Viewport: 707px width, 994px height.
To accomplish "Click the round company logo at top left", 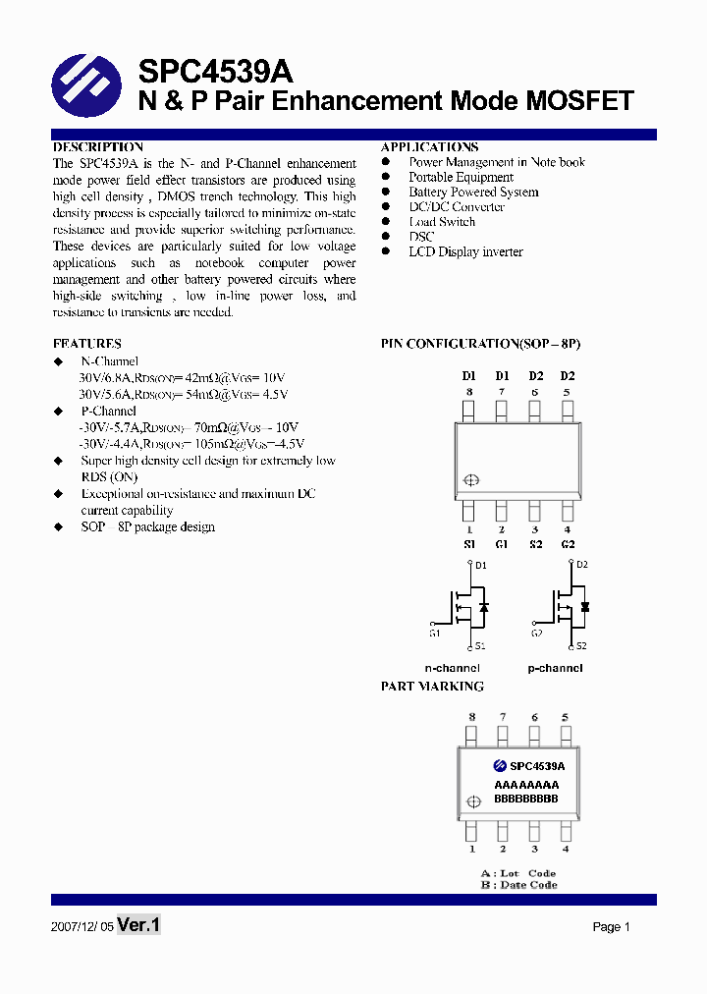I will pyautogui.click(x=86, y=85).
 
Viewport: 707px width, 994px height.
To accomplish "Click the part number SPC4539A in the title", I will pyautogui.click(x=215, y=72).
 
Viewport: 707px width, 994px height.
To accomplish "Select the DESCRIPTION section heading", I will pyautogui.click(x=98, y=147).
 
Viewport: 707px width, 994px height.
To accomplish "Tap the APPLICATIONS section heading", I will pyautogui.click(x=429, y=147).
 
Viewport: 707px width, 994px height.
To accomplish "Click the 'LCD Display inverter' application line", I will pyautogui.click(x=465, y=252).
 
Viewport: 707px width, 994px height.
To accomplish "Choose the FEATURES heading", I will pyautogui.click(x=87, y=344).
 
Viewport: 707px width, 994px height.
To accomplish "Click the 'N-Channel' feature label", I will pyautogui.click(x=109, y=361).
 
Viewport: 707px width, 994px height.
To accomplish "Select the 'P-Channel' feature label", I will pyautogui.click(x=108, y=411).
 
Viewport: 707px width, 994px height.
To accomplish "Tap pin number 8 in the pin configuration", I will pyautogui.click(x=469, y=392).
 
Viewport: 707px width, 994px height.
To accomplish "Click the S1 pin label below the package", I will pyautogui.click(x=469, y=544).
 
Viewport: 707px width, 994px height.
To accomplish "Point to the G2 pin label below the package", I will pyautogui.click(x=568, y=544).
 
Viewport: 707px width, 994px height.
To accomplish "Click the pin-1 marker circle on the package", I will pyautogui.click(x=470, y=480).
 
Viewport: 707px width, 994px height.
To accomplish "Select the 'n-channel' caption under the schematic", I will pyautogui.click(x=452, y=668).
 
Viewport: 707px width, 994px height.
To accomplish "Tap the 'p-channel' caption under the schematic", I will pyautogui.click(x=555, y=668).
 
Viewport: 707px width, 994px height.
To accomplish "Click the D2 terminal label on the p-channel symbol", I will pyautogui.click(x=581, y=565).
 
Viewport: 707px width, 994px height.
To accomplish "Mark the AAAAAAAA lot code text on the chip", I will pyautogui.click(x=526, y=785).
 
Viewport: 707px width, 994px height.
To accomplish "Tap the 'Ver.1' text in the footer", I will pyautogui.click(x=138, y=925).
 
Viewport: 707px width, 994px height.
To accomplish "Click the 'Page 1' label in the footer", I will pyautogui.click(x=611, y=927).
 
